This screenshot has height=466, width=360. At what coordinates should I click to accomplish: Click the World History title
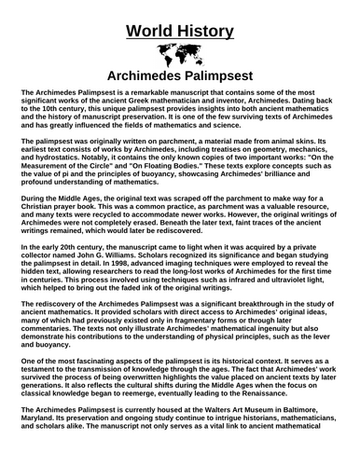click(x=179, y=13)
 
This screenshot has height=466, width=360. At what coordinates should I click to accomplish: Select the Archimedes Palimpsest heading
click(x=179, y=75)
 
